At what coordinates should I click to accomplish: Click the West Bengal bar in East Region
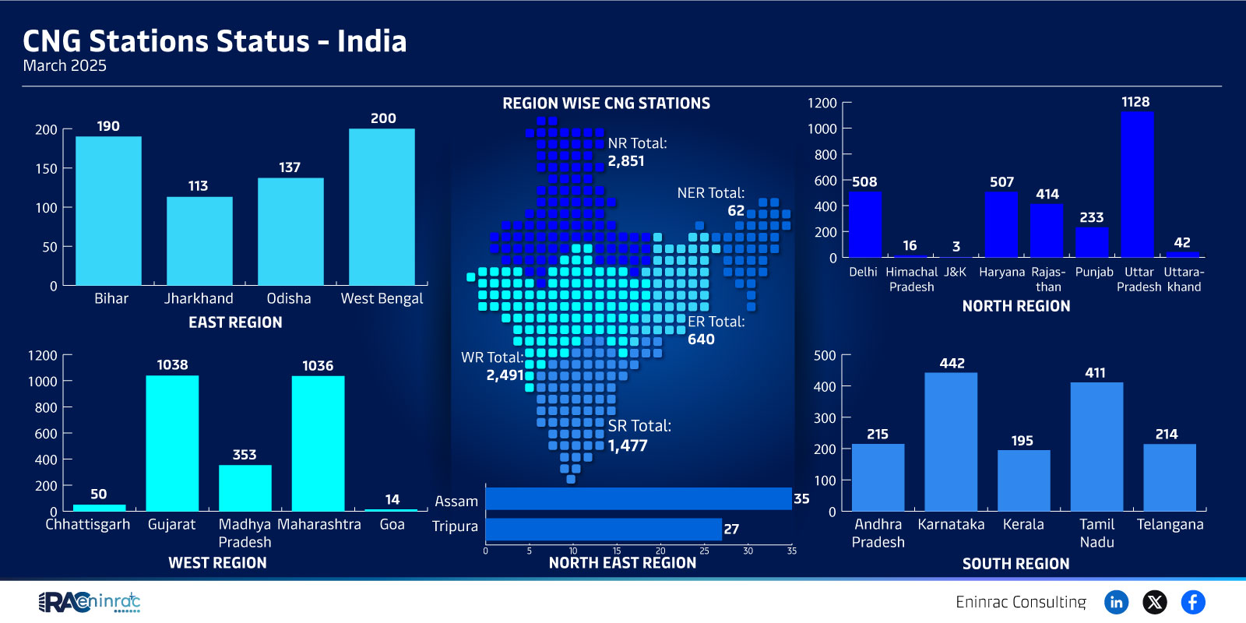pos(382,207)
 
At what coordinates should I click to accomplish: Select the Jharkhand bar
pos(199,241)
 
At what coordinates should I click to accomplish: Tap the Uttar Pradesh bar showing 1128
pos(1137,184)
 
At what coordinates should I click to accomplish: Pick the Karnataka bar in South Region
pos(951,442)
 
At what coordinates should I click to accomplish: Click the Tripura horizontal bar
pos(604,529)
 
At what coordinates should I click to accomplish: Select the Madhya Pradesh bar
pos(245,487)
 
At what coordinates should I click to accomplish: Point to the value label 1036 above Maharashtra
pos(318,365)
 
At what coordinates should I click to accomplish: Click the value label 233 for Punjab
pos(1091,217)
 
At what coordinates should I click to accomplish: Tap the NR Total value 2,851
pos(626,161)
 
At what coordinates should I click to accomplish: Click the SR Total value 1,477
pos(628,445)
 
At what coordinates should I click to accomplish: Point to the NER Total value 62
pos(736,211)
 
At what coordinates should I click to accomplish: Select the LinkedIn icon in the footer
pos(1116,602)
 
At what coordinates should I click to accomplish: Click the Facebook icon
pos(1192,602)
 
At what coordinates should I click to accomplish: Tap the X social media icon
pos(1155,602)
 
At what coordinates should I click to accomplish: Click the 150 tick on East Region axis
pos(46,168)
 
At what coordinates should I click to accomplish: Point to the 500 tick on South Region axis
pos(825,355)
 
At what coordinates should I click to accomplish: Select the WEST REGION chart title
pos(217,563)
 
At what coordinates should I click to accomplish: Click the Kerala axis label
pos(1023,525)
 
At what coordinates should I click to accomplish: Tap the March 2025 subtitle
pos(65,65)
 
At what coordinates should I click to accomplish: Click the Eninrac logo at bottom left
pos(89,603)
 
